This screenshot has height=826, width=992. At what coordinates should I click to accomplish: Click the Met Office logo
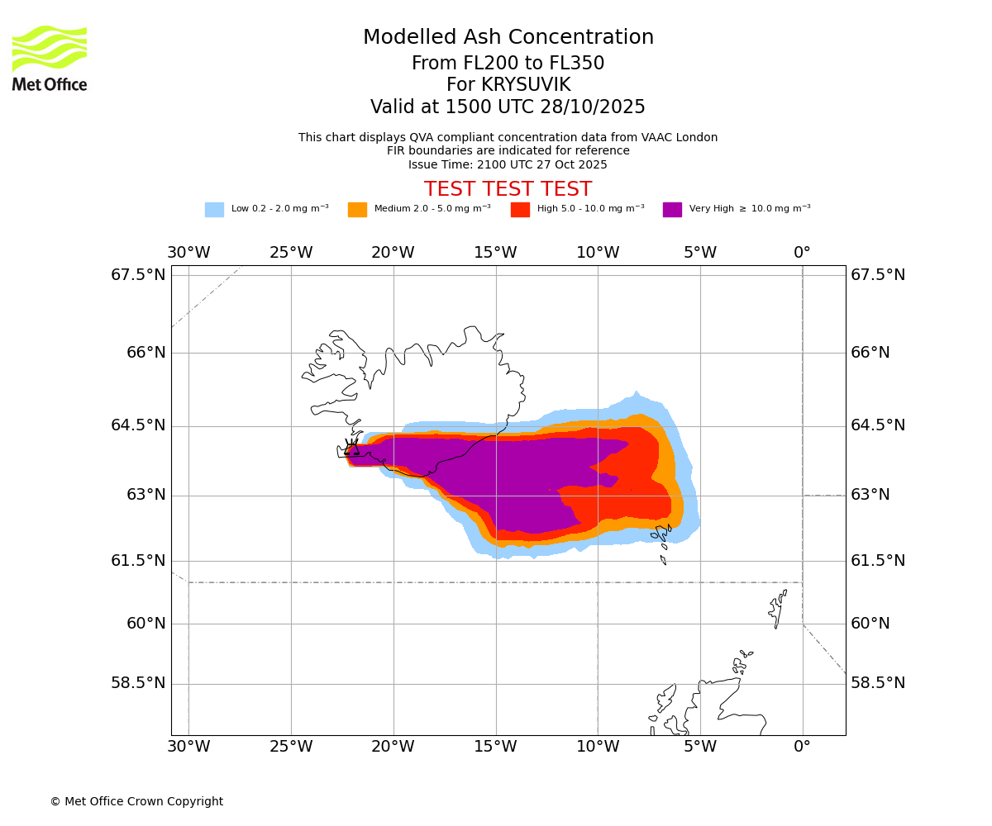(x=50, y=59)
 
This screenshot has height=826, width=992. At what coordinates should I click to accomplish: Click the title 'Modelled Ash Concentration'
(x=508, y=38)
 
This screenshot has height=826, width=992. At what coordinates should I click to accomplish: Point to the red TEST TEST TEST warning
(x=508, y=189)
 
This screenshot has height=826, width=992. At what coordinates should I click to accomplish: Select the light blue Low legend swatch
(x=214, y=210)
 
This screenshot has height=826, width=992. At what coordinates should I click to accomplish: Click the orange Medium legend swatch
(x=357, y=210)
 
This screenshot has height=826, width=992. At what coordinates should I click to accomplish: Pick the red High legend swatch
(x=520, y=210)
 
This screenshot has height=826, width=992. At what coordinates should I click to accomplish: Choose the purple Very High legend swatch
(x=672, y=210)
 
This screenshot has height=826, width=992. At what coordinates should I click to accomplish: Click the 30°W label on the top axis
(x=188, y=252)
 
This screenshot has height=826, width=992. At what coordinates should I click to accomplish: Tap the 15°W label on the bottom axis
(x=495, y=747)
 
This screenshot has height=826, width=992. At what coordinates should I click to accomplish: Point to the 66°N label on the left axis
(x=145, y=353)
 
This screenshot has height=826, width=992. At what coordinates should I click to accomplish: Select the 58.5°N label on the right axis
(x=878, y=683)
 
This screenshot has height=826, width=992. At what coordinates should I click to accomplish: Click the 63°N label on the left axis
(x=145, y=495)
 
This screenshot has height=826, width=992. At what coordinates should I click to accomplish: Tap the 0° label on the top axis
(x=802, y=252)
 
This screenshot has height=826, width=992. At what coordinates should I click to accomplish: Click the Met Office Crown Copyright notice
(x=136, y=801)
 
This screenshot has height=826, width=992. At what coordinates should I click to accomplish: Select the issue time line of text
(x=508, y=164)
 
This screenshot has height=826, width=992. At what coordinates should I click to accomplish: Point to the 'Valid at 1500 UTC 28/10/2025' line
(x=508, y=107)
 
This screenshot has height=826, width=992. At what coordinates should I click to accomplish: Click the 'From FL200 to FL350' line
(x=508, y=64)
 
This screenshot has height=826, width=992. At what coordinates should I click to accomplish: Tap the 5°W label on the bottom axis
(x=700, y=747)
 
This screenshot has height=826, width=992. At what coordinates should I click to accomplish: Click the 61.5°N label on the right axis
(x=878, y=561)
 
